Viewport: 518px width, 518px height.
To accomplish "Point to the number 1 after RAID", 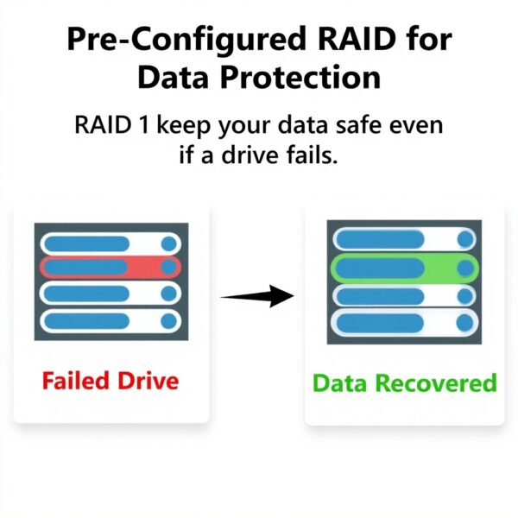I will [139, 126].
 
